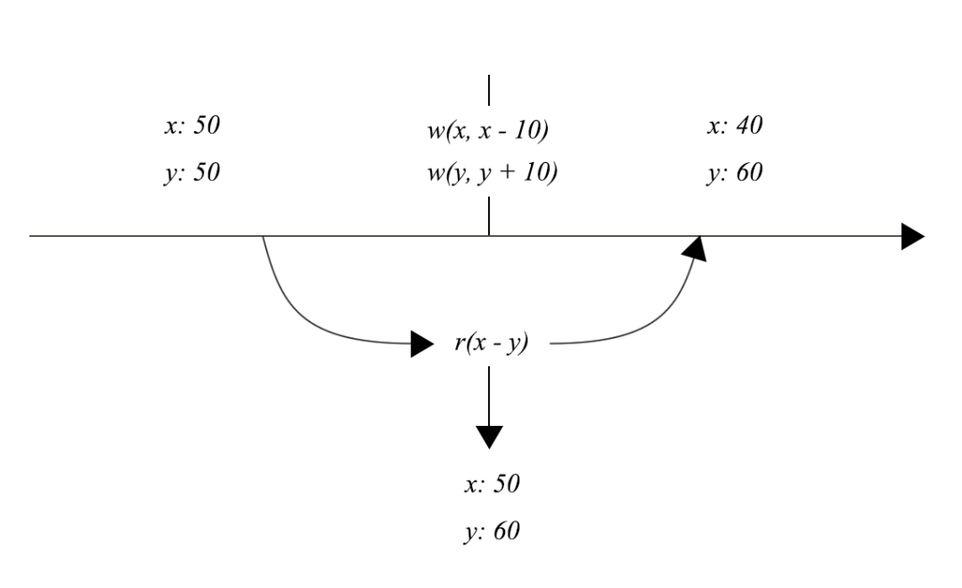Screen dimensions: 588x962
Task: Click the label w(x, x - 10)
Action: click(x=487, y=132)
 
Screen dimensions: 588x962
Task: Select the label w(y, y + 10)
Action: click(x=491, y=173)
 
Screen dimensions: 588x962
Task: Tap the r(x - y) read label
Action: click(x=492, y=344)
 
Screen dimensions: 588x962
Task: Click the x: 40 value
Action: click(x=734, y=127)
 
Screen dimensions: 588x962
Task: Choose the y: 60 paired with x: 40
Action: click(x=734, y=173)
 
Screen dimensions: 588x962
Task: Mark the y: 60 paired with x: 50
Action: click(x=491, y=532)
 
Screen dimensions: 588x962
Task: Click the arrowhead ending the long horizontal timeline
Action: click(x=912, y=236)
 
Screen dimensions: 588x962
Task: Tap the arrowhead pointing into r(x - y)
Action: click(x=422, y=344)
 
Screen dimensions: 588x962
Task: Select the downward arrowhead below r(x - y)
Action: click(x=489, y=437)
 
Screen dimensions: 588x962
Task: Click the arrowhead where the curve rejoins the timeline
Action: click(x=696, y=247)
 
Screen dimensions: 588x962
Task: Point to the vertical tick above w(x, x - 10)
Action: click(x=489, y=92)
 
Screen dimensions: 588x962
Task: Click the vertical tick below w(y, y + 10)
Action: click(x=489, y=216)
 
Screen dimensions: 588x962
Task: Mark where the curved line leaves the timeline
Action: click(x=263, y=237)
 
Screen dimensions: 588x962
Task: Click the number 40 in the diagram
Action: click(x=750, y=127)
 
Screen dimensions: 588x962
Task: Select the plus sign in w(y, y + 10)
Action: click(x=510, y=174)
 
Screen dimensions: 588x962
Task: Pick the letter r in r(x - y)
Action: click(x=459, y=344)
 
